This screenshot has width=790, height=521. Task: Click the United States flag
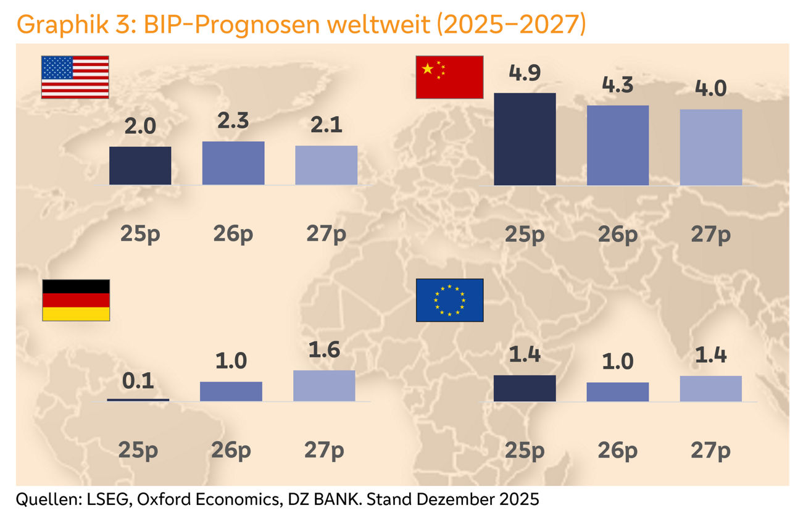pos(75,77)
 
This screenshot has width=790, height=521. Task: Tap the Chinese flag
pos(449,77)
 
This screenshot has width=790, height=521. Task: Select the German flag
pos(75,300)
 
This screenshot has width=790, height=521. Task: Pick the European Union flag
pos(449,300)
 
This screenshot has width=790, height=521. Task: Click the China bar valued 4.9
pos(525,139)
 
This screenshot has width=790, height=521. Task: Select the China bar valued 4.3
pos(618,145)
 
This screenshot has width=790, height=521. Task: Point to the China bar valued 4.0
pos(711,147)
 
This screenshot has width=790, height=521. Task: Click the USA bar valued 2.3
pos(233,163)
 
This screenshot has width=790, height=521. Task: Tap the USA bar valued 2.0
pos(140,165)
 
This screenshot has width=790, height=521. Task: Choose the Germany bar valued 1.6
pos(324,386)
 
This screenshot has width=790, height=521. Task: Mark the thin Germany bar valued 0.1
pos(138,399)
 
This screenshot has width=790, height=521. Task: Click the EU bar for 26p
pos(618,392)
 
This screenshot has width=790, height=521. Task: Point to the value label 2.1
pos(326,126)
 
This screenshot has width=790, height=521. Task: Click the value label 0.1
pos(138,381)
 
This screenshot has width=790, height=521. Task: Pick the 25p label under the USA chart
pos(140,234)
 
